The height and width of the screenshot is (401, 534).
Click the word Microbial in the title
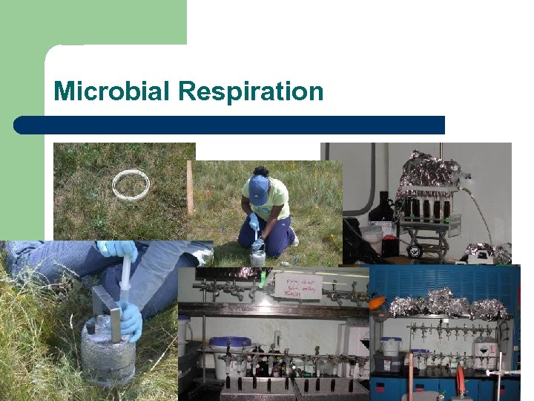tap(113, 92)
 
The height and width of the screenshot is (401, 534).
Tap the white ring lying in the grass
tap(131, 184)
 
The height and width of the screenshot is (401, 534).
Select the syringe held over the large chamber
tap(125, 278)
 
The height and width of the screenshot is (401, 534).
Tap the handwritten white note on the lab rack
tap(298, 285)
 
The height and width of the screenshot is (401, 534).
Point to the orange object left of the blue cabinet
tap(377, 304)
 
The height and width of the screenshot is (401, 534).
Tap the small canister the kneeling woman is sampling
tap(257, 255)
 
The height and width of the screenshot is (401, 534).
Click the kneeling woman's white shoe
tap(294, 238)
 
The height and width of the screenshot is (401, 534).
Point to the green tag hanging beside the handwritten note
tap(262, 281)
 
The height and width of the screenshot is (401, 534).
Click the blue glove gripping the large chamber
tap(131, 321)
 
